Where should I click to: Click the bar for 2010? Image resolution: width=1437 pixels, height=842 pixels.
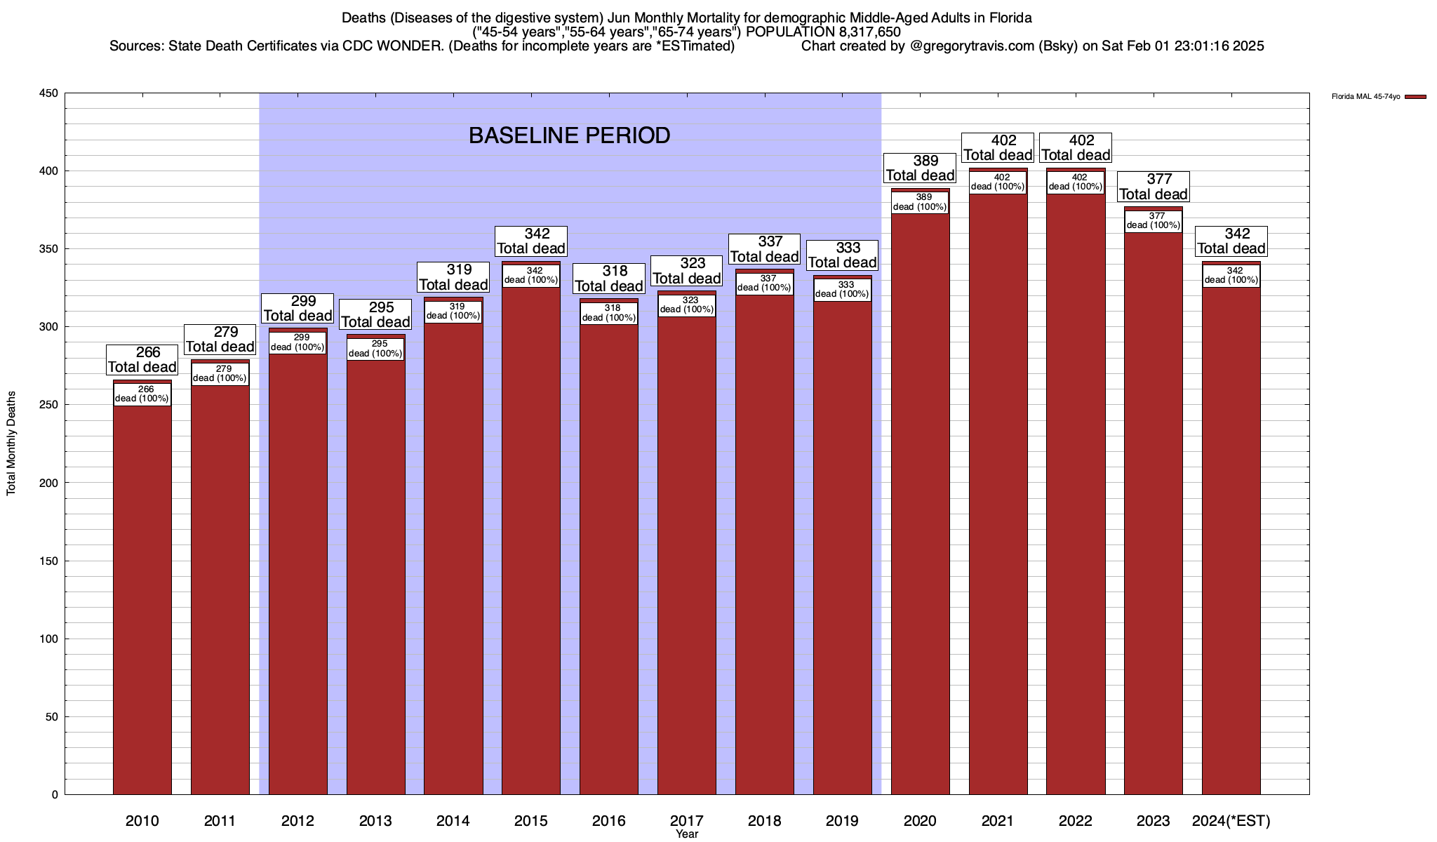coord(142,596)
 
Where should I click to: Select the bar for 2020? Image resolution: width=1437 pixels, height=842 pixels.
coord(920,505)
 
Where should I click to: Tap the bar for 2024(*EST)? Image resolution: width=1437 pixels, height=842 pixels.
coord(1231,540)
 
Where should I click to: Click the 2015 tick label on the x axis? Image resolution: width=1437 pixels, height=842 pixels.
coord(531,821)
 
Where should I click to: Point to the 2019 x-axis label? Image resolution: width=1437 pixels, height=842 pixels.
coord(842,821)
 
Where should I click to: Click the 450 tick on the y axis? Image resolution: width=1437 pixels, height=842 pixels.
coord(49,93)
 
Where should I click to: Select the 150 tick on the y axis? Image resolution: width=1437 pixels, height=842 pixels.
coord(49,561)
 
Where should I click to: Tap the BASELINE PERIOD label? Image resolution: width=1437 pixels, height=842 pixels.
coord(569,135)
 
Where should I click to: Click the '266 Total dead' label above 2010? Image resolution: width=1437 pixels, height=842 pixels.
coord(142,359)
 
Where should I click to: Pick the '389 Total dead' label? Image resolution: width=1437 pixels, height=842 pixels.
coord(920,168)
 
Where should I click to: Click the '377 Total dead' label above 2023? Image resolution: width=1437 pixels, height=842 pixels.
coord(1153,187)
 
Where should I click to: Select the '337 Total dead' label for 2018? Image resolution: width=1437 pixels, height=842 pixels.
coord(764,249)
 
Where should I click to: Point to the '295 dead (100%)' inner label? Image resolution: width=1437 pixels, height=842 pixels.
coord(375,349)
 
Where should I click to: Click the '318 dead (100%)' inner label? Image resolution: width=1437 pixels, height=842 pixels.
coord(608,313)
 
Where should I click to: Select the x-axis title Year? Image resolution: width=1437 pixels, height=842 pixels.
coord(687,834)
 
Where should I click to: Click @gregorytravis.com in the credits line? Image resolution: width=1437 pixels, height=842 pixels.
coord(975,46)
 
